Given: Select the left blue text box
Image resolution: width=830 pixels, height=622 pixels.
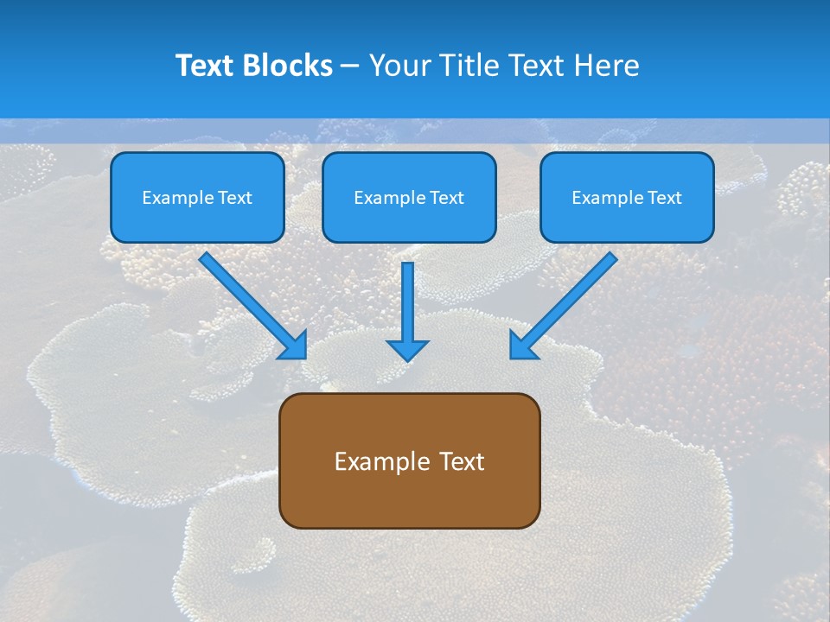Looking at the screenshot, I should coord(197,197).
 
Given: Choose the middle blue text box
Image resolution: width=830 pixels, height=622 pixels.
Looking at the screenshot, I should coord(409,197).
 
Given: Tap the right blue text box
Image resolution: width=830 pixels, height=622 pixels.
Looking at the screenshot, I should coord(627,197).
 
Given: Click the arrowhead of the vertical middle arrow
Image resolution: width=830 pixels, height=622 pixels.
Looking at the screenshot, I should coord(407,349).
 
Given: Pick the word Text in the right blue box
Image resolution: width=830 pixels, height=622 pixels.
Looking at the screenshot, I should coord(665,198).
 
